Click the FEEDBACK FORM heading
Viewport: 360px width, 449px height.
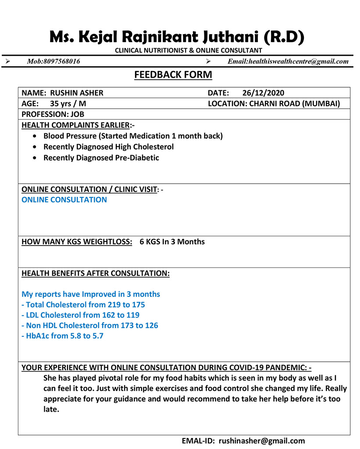tap(173, 75)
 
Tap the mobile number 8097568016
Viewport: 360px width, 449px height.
tap(61, 61)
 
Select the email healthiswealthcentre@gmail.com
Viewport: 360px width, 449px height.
tap(298, 61)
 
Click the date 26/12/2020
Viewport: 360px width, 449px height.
tap(263, 93)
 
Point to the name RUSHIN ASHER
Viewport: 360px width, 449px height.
tap(77, 93)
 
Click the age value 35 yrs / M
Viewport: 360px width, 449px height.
tap(68, 104)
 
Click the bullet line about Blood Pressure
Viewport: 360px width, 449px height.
tap(133, 136)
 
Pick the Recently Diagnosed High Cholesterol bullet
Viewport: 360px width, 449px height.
tap(108, 147)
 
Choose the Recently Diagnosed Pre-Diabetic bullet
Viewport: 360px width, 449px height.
tap(101, 158)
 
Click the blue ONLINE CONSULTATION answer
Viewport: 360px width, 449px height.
tap(64, 200)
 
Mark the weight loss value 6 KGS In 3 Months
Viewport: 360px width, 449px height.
tap(172, 242)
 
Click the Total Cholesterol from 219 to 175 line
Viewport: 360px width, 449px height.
tap(83, 305)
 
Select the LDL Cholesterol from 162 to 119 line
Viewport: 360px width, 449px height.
tap(81, 315)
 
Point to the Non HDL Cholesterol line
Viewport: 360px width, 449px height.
tap(90, 326)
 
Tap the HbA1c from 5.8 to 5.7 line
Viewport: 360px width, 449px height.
tap(63, 336)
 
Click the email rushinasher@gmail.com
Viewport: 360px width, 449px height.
tap(261, 441)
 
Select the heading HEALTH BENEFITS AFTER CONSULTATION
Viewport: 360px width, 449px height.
tap(95, 274)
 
